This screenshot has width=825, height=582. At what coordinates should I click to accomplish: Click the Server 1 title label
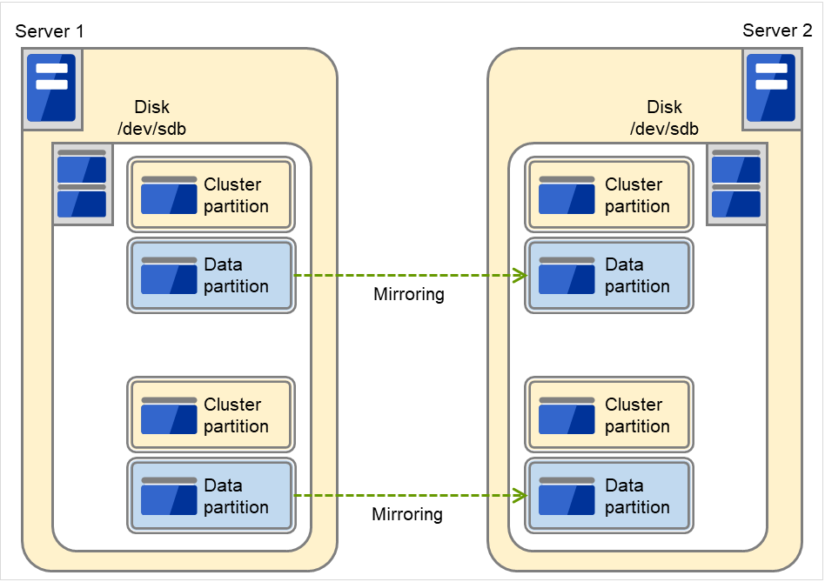click(x=50, y=31)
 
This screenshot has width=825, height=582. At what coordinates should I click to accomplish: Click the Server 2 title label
click(x=776, y=31)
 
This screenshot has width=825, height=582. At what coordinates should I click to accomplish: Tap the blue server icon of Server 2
click(x=771, y=88)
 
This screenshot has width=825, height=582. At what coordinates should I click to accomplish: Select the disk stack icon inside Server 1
click(x=82, y=184)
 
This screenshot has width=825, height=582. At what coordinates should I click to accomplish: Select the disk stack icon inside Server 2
click(x=736, y=184)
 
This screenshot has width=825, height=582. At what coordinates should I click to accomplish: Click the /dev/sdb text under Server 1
click(x=151, y=129)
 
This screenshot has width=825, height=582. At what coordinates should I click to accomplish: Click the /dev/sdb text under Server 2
click(x=664, y=129)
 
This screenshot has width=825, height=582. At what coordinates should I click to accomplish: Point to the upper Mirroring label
click(x=408, y=294)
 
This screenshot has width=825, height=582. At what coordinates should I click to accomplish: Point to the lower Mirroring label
click(x=406, y=514)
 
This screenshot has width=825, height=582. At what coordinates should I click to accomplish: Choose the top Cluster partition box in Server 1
click(x=211, y=196)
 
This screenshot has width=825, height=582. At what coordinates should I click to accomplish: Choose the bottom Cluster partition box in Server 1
click(x=211, y=416)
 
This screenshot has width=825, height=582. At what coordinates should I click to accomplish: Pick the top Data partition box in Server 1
click(x=211, y=276)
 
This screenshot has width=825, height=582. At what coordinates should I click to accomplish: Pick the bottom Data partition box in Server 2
click(x=609, y=496)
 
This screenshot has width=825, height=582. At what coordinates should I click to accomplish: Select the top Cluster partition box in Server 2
click(x=609, y=196)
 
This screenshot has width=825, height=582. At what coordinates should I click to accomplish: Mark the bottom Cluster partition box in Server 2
click(x=609, y=416)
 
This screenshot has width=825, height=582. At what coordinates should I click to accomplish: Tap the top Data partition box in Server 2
click(x=609, y=276)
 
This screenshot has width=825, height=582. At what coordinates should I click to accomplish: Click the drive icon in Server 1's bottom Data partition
click(x=169, y=497)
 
